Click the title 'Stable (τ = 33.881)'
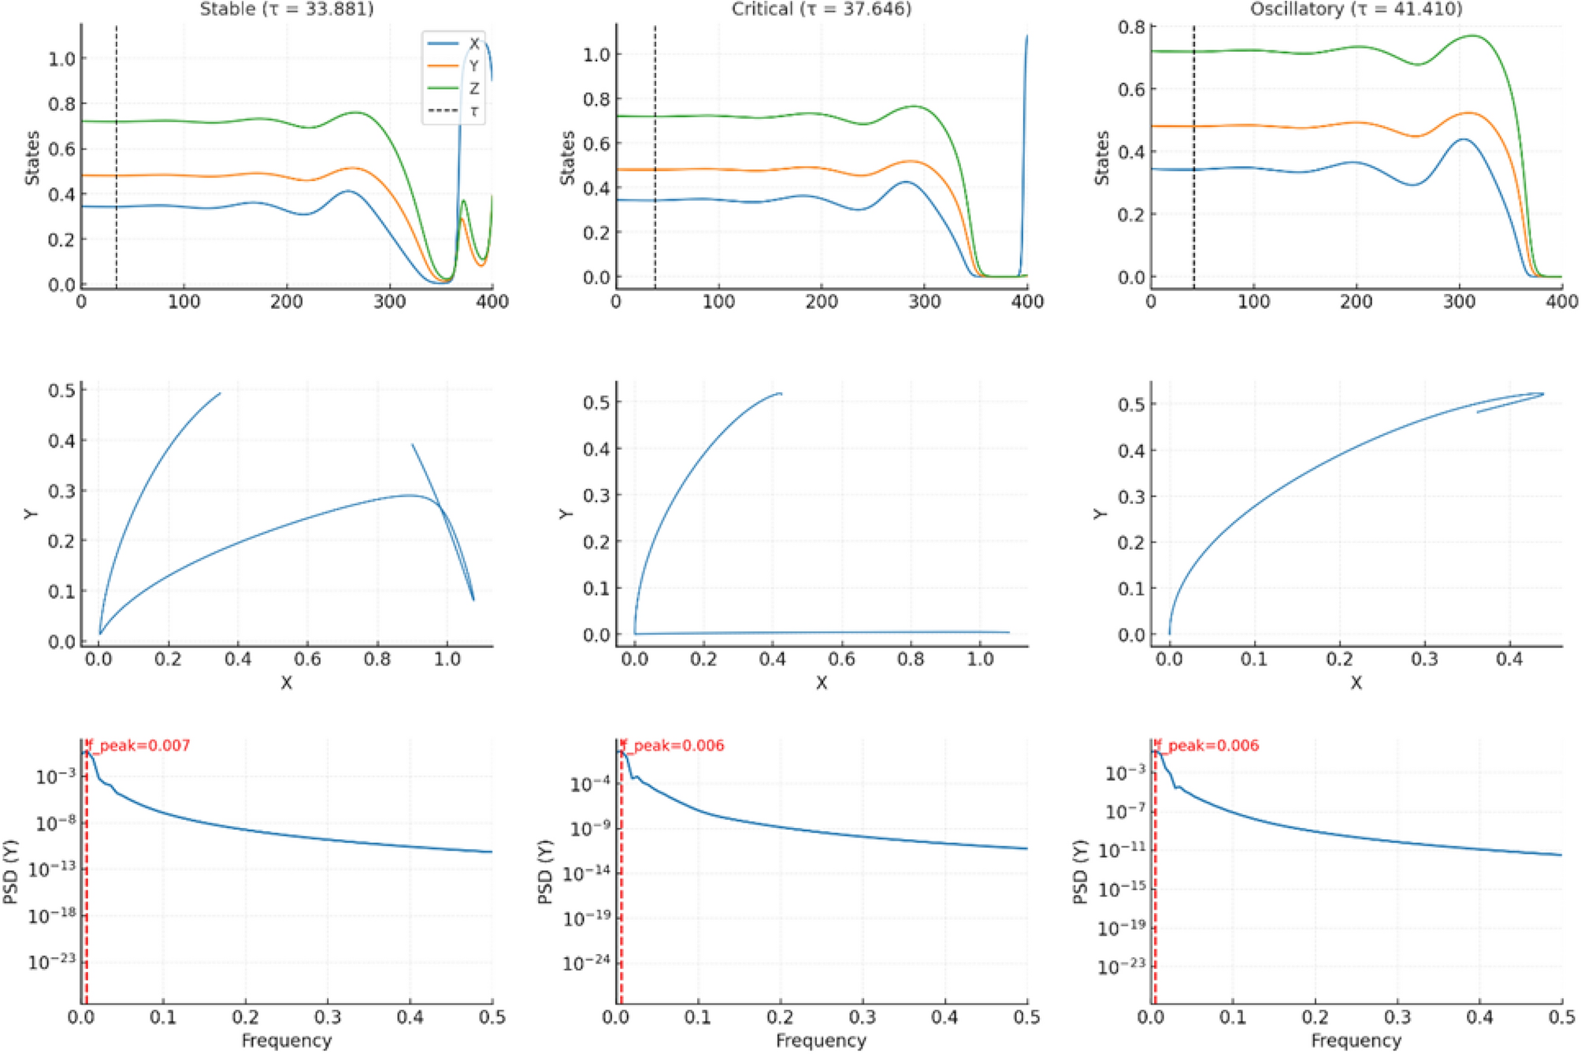coord(286,9)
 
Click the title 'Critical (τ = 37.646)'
coord(821,9)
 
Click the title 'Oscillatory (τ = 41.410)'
coord(1356,9)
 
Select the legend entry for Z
coord(473,88)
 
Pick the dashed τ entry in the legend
coord(473,111)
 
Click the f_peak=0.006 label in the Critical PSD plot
coord(673,745)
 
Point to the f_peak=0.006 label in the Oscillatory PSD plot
coord(1208,745)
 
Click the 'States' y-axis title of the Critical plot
coord(566,158)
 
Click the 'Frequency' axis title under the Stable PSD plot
coord(286,1041)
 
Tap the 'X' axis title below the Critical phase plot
coord(821,683)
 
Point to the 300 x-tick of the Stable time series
coord(389,302)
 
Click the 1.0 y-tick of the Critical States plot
coord(596,54)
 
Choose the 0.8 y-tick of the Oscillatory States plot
coord(1131,27)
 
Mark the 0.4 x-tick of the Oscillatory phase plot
coord(1509,659)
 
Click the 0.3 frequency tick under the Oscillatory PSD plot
coord(1397,1017)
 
